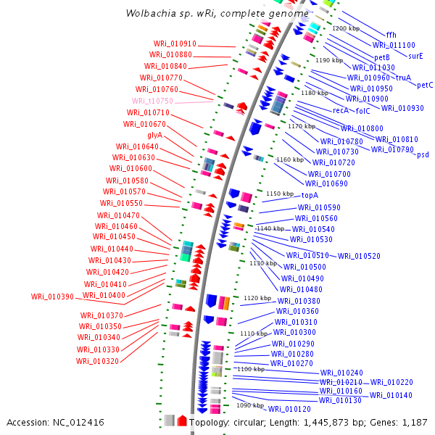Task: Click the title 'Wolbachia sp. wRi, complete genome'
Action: tap(215, 13)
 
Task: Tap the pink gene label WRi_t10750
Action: tap(152, 101)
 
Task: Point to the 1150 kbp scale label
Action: tap(279, 194)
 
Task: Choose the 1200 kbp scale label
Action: tap(345, 28)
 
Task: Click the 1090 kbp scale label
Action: tap(250, 406)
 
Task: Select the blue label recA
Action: tap(340, 111)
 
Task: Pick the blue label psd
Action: tap(422, 154)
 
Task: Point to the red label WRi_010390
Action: tap(52, 297)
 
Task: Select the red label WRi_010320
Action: tap(97, 361)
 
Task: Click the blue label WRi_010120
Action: tap(288, 409)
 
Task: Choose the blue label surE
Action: tap(415, 56)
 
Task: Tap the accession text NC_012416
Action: tap(55, 422)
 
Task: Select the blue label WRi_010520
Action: tap(359, 256)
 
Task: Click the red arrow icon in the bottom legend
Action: tap(182, 420)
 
